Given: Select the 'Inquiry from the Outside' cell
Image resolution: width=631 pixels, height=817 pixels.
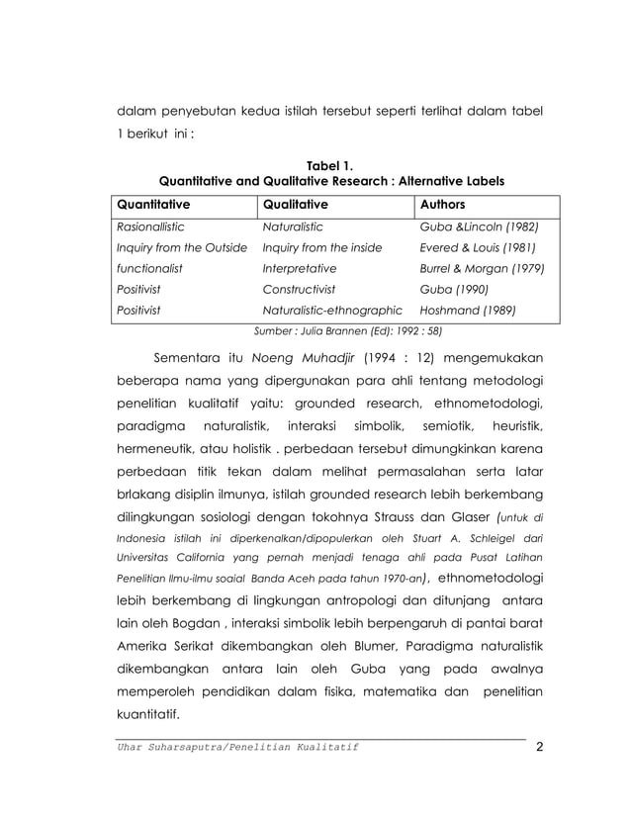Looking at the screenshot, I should coord(181,247).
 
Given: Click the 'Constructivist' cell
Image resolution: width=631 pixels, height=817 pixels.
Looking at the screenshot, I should coord(298,289).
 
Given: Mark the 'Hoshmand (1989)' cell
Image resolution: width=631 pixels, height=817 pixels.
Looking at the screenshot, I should coord(467,310).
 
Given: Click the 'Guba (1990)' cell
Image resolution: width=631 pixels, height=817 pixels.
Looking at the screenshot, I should coord(455,289).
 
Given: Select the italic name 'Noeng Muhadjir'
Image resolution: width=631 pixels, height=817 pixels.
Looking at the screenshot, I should coord(302,358).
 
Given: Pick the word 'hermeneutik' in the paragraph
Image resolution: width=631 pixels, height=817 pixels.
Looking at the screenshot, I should coord(162,451).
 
